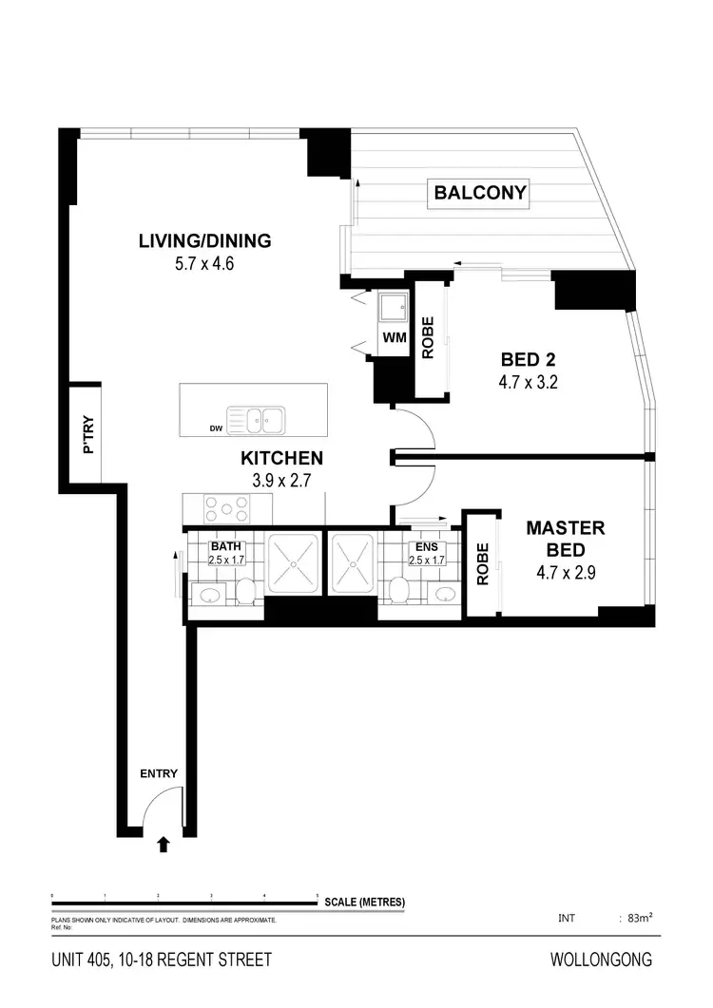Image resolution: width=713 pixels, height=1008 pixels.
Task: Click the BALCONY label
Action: [x=480, y=193]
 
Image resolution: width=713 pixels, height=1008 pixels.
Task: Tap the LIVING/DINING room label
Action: [x=204, y=240]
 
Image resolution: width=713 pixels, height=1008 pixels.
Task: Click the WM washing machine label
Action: [x=393, y=337]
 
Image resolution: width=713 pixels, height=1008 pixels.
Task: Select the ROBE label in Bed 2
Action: [x=428, y=337]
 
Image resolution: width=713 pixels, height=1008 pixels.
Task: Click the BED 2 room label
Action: [x=528, y=360]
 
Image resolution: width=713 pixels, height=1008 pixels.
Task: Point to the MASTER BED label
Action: [x=567, y=539]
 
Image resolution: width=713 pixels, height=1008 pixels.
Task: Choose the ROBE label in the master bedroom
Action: [x=482, y=563]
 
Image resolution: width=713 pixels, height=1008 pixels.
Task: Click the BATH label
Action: [x=226, y=547]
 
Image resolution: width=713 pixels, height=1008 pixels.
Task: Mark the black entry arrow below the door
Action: [x=163, y=842]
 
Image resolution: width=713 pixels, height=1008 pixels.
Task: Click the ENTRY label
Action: [x=158, y=773]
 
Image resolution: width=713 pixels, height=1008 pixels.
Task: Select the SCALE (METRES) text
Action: [x=364, y=903]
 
